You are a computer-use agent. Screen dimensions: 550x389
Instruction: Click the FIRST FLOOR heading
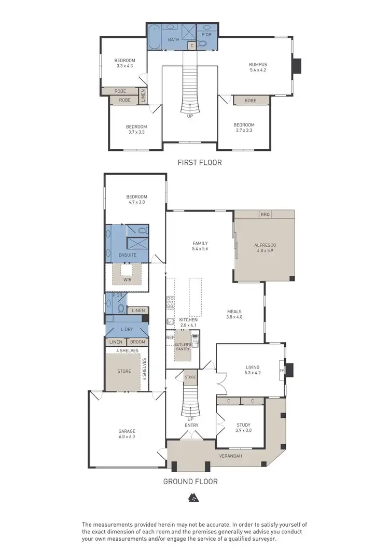click(199, 162)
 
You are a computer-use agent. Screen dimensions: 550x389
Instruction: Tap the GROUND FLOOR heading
click(190, 481)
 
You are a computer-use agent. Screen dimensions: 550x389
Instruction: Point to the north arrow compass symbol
click(192, 498)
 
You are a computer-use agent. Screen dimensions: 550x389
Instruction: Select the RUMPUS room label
click(258, 67)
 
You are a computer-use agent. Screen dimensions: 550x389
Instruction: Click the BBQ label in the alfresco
click(266, 214)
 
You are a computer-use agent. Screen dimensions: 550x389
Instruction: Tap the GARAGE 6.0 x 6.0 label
click(127, 434)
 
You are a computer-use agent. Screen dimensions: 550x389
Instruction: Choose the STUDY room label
click(243, 427)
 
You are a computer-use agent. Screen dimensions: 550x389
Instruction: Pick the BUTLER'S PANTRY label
click(182, 346)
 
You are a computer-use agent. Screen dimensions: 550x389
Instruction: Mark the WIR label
click(128, 279)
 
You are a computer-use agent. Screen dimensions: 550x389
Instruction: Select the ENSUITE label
click(127, 256)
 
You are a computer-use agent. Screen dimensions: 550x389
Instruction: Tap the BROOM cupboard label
click(137, 342)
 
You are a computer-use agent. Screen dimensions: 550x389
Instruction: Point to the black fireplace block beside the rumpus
click(297, 66)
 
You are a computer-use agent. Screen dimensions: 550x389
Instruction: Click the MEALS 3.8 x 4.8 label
click(234, 314)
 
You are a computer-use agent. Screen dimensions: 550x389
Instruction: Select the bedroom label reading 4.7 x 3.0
click(136, 200)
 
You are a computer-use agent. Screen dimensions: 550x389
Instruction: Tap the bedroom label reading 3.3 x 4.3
click(124, 63)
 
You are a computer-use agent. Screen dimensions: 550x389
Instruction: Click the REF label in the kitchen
click(169, 337)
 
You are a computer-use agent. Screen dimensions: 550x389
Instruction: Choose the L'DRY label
click(127, 330)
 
